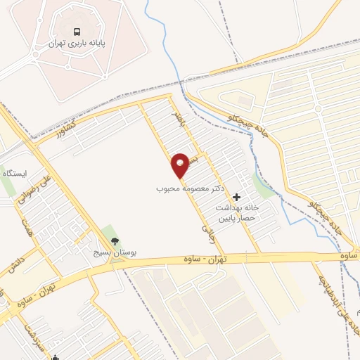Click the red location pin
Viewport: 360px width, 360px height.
click(x=180, y=165)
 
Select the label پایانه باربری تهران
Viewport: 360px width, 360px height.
click(x=77, y=43)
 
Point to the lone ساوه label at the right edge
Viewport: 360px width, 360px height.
click(x=349, y=255)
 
